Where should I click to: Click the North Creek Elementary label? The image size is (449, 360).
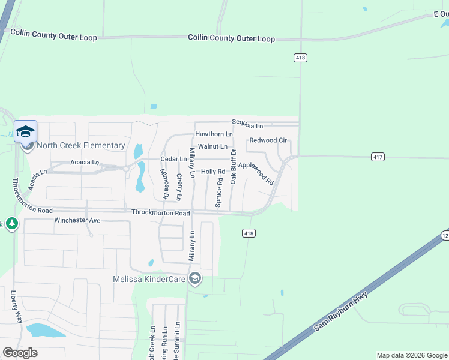80,145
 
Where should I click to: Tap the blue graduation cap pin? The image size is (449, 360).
26,131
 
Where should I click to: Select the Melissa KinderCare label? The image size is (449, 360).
149,279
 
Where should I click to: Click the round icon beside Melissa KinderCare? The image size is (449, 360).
194,278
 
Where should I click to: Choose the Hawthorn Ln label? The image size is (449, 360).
214,134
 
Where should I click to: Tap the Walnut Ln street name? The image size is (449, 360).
212,146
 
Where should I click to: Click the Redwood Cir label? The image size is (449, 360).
268,140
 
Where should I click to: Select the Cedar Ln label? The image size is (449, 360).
173,159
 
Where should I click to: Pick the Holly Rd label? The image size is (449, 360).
212,172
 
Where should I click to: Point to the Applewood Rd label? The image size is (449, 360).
256,173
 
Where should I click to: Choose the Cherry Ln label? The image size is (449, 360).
179,187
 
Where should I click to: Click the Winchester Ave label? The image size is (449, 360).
77,220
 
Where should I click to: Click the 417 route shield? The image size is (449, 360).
377,157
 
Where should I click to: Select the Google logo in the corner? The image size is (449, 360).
20,353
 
